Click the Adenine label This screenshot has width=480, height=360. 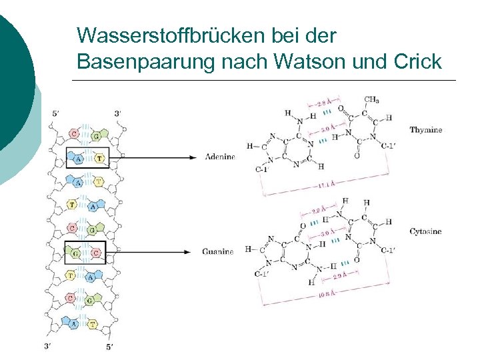pyautogui.click(x=219, y=157)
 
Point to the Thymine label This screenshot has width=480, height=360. pyautogui.click(x=425, y=130)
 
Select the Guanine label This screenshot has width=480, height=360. pyautogui.click(x=218, y=251)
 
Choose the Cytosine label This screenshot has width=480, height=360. pyautogui.click(x=425, y=231)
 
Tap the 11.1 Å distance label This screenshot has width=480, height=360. pyautogui.click(x=326, y=184)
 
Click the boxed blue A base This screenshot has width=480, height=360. pyautogui.click(x=79, y=159)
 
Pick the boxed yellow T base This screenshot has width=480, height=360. pyautogui.click(x=99, y=158)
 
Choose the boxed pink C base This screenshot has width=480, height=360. pyautogui.click(x=97, y=252)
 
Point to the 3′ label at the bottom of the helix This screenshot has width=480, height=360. pyautogui.click(x=47, y=346)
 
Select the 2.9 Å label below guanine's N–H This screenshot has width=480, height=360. pyautogui.click(x=340, y=275)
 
